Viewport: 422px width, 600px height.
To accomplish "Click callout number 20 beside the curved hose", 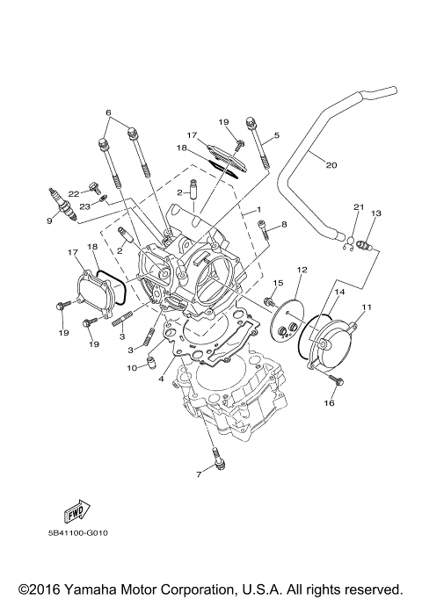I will pyautogui.click(x=331, y=164).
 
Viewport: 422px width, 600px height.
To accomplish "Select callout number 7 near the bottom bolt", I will pyautogui.click(x=199, y=474).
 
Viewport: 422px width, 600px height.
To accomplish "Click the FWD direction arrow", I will pyautogui.click(x=74, y=512).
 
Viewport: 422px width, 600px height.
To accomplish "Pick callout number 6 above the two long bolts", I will pyautogui.click(x=109, y=113).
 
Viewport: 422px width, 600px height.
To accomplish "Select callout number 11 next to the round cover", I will pyautogui.click(x=367, y=306).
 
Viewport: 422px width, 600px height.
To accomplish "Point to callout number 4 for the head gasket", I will pyautogui.click(x=161, y=379).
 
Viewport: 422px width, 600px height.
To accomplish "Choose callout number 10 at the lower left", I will pyautogui.click(x=133, y=367).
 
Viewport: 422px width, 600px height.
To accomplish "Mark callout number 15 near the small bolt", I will pyautogui.click(x=277, y=283).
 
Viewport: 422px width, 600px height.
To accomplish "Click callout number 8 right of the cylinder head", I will pyautogui.click(x=285, y=225).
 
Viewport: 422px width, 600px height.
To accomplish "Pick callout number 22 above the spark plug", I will pyautogui.click(x=74, y=192).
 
